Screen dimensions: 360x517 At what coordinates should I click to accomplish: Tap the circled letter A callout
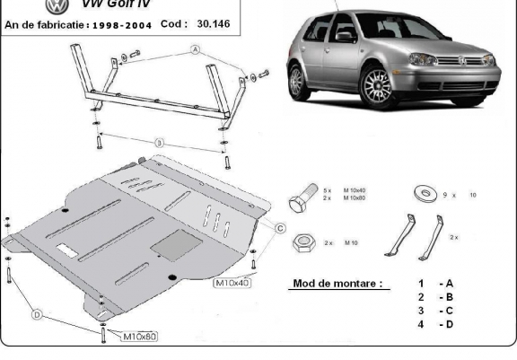tap(193, 53)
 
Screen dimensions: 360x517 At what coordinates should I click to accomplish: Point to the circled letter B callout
tap(159, 141)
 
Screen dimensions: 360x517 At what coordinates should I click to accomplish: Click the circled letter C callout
tap(280, 229)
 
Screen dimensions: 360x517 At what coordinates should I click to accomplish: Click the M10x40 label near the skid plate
tap(232, 284)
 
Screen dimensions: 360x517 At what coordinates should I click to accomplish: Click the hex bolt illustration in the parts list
tap(302, 195)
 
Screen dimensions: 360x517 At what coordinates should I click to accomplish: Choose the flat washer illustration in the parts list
tap(421, 193)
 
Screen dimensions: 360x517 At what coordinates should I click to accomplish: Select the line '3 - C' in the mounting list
tap(434, 310)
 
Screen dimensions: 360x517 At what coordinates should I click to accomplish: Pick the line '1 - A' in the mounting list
tap(434, 284)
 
